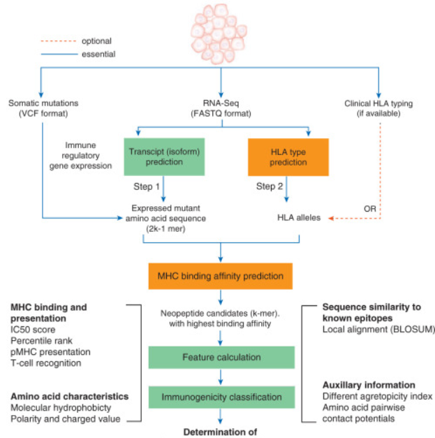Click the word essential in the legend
[98, 53]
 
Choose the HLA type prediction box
[277, 156]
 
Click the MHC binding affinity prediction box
[221, 275]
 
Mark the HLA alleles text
[299, 218]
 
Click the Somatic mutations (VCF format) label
[43, 109]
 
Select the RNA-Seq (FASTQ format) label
[221, 109]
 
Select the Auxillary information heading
[369, 385]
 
